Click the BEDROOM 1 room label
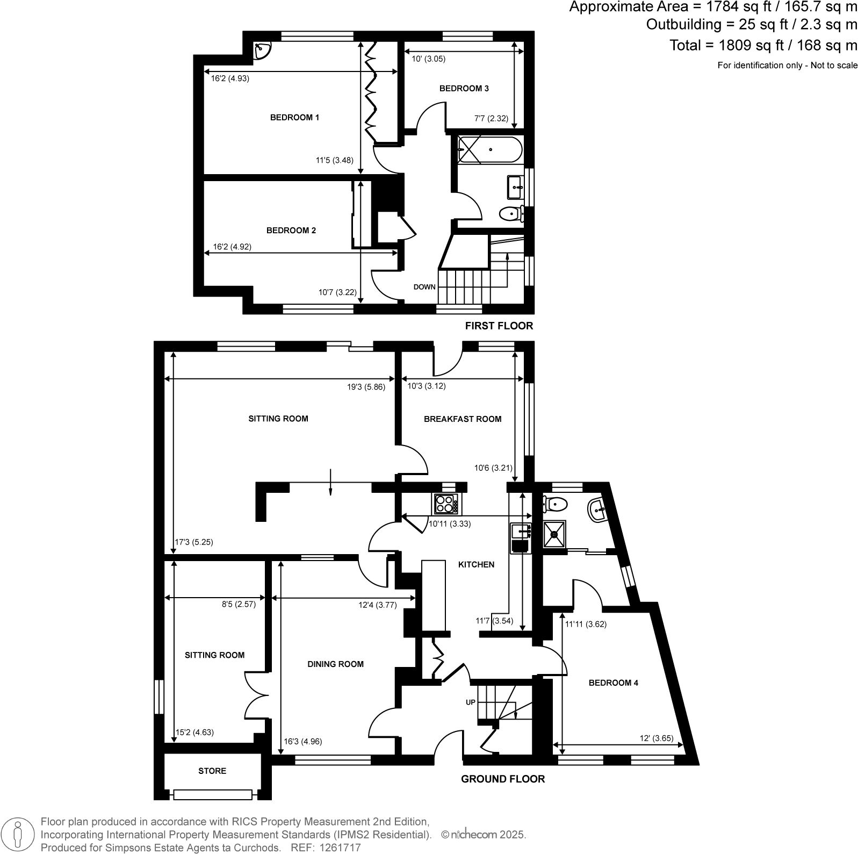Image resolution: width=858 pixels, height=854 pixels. point(294,117)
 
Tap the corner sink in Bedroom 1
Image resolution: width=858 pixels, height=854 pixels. point(263,51)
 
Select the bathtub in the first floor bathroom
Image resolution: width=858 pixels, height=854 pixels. point(489,149)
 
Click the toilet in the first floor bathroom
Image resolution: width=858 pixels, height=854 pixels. point(511,214)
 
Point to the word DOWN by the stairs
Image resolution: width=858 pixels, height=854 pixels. point(424,287)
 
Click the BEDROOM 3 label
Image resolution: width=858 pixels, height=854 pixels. point(464,89)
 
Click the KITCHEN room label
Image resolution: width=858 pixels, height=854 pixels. point(475,564)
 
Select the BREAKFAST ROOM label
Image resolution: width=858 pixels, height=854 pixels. point(462,419)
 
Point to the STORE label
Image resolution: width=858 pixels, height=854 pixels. point(212,771)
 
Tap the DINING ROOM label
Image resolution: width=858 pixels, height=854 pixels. point(335,664)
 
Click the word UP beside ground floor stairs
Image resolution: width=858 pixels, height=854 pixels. point(470,702)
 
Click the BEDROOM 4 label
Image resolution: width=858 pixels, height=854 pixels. point(613,683)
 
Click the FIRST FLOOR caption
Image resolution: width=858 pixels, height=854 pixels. point(499,326)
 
